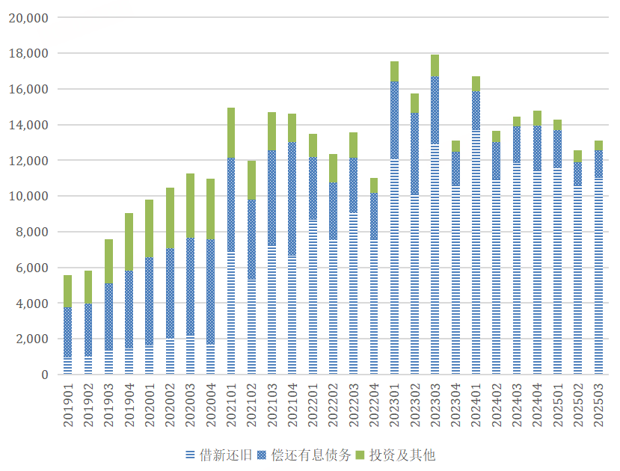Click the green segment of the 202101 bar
231,132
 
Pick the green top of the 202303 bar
435,65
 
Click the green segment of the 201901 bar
68,291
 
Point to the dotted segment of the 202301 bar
394,120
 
